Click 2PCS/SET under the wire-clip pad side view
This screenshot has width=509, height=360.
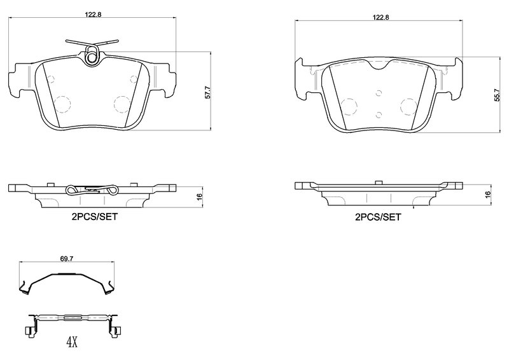94,216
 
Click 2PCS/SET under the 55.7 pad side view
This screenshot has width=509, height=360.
378,216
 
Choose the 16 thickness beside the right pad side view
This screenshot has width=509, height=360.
488,194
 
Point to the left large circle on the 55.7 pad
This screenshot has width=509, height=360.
348,106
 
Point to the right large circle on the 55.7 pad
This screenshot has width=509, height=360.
408,106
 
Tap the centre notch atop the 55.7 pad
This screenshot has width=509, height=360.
378,66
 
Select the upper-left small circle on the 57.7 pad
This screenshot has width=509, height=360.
52,80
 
